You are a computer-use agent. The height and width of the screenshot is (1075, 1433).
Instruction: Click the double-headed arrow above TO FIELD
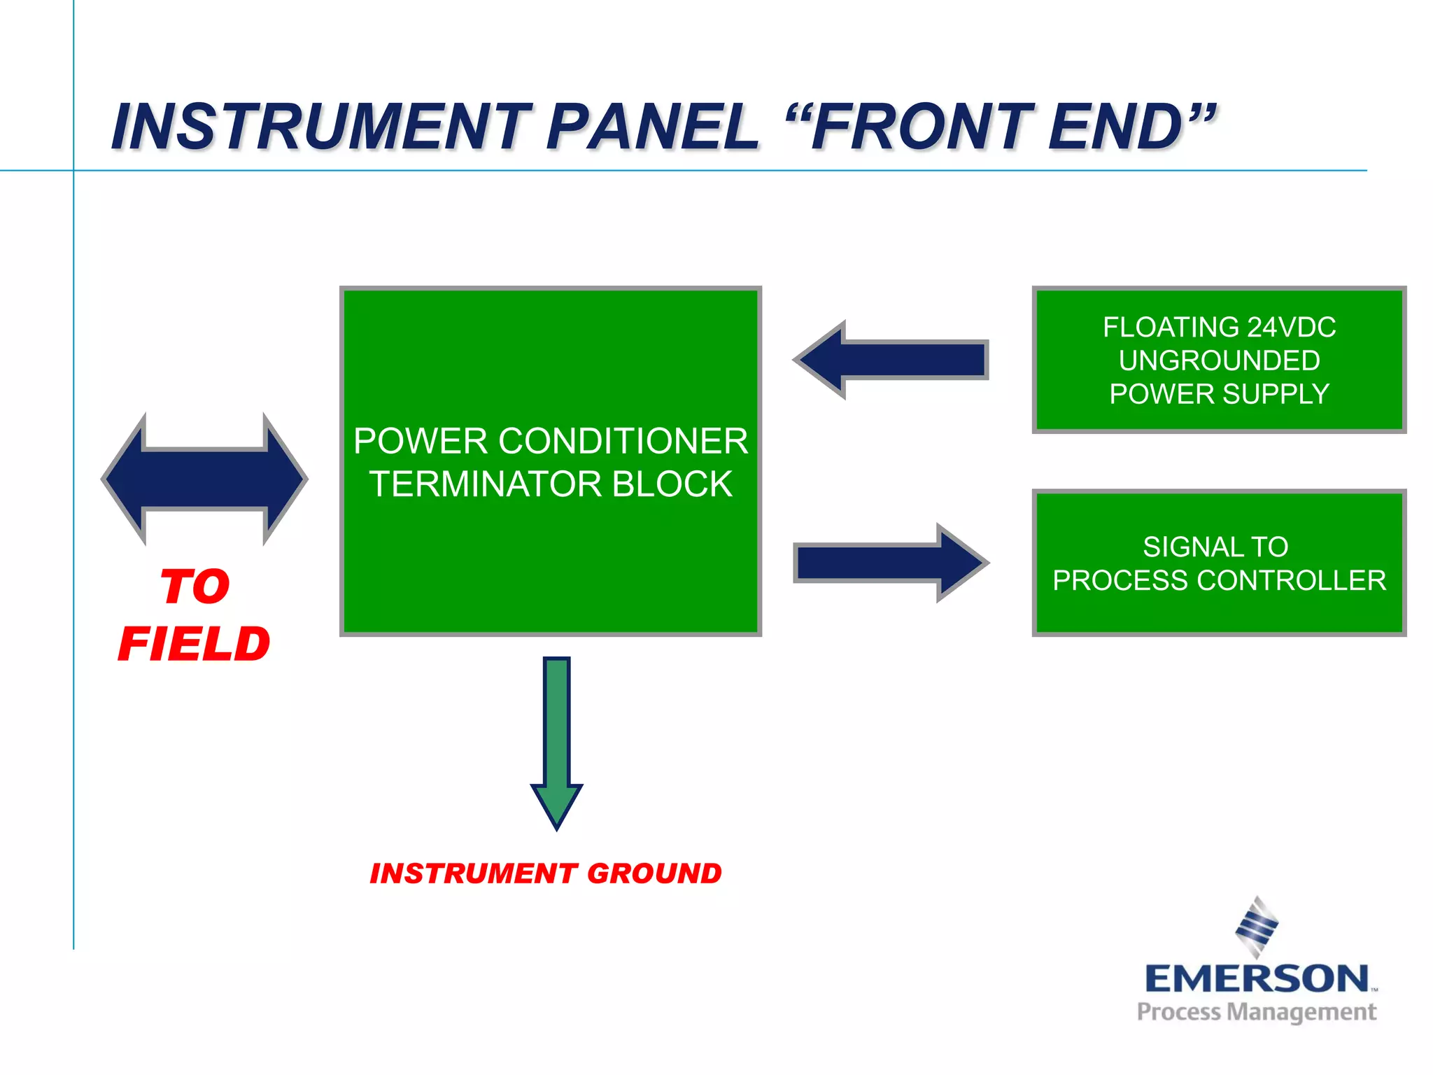tap(204, 479)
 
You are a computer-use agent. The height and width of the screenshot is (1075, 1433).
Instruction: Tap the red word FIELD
tap(195, 644)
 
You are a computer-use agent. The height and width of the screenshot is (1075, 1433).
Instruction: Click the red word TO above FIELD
tap(195, 586)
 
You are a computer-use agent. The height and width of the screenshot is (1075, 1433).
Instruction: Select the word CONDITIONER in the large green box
tap(623, 441)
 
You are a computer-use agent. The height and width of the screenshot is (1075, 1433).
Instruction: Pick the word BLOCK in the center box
tap(672, 484)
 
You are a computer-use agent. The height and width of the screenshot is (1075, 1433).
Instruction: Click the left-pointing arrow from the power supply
tap(892, 360)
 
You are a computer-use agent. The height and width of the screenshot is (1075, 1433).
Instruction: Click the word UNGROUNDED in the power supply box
tap(1219, 360)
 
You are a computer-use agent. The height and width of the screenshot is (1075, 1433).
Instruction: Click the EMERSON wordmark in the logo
tap(1257, 978)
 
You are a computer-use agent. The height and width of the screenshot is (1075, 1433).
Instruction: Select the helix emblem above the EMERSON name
tap(1257, 926)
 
